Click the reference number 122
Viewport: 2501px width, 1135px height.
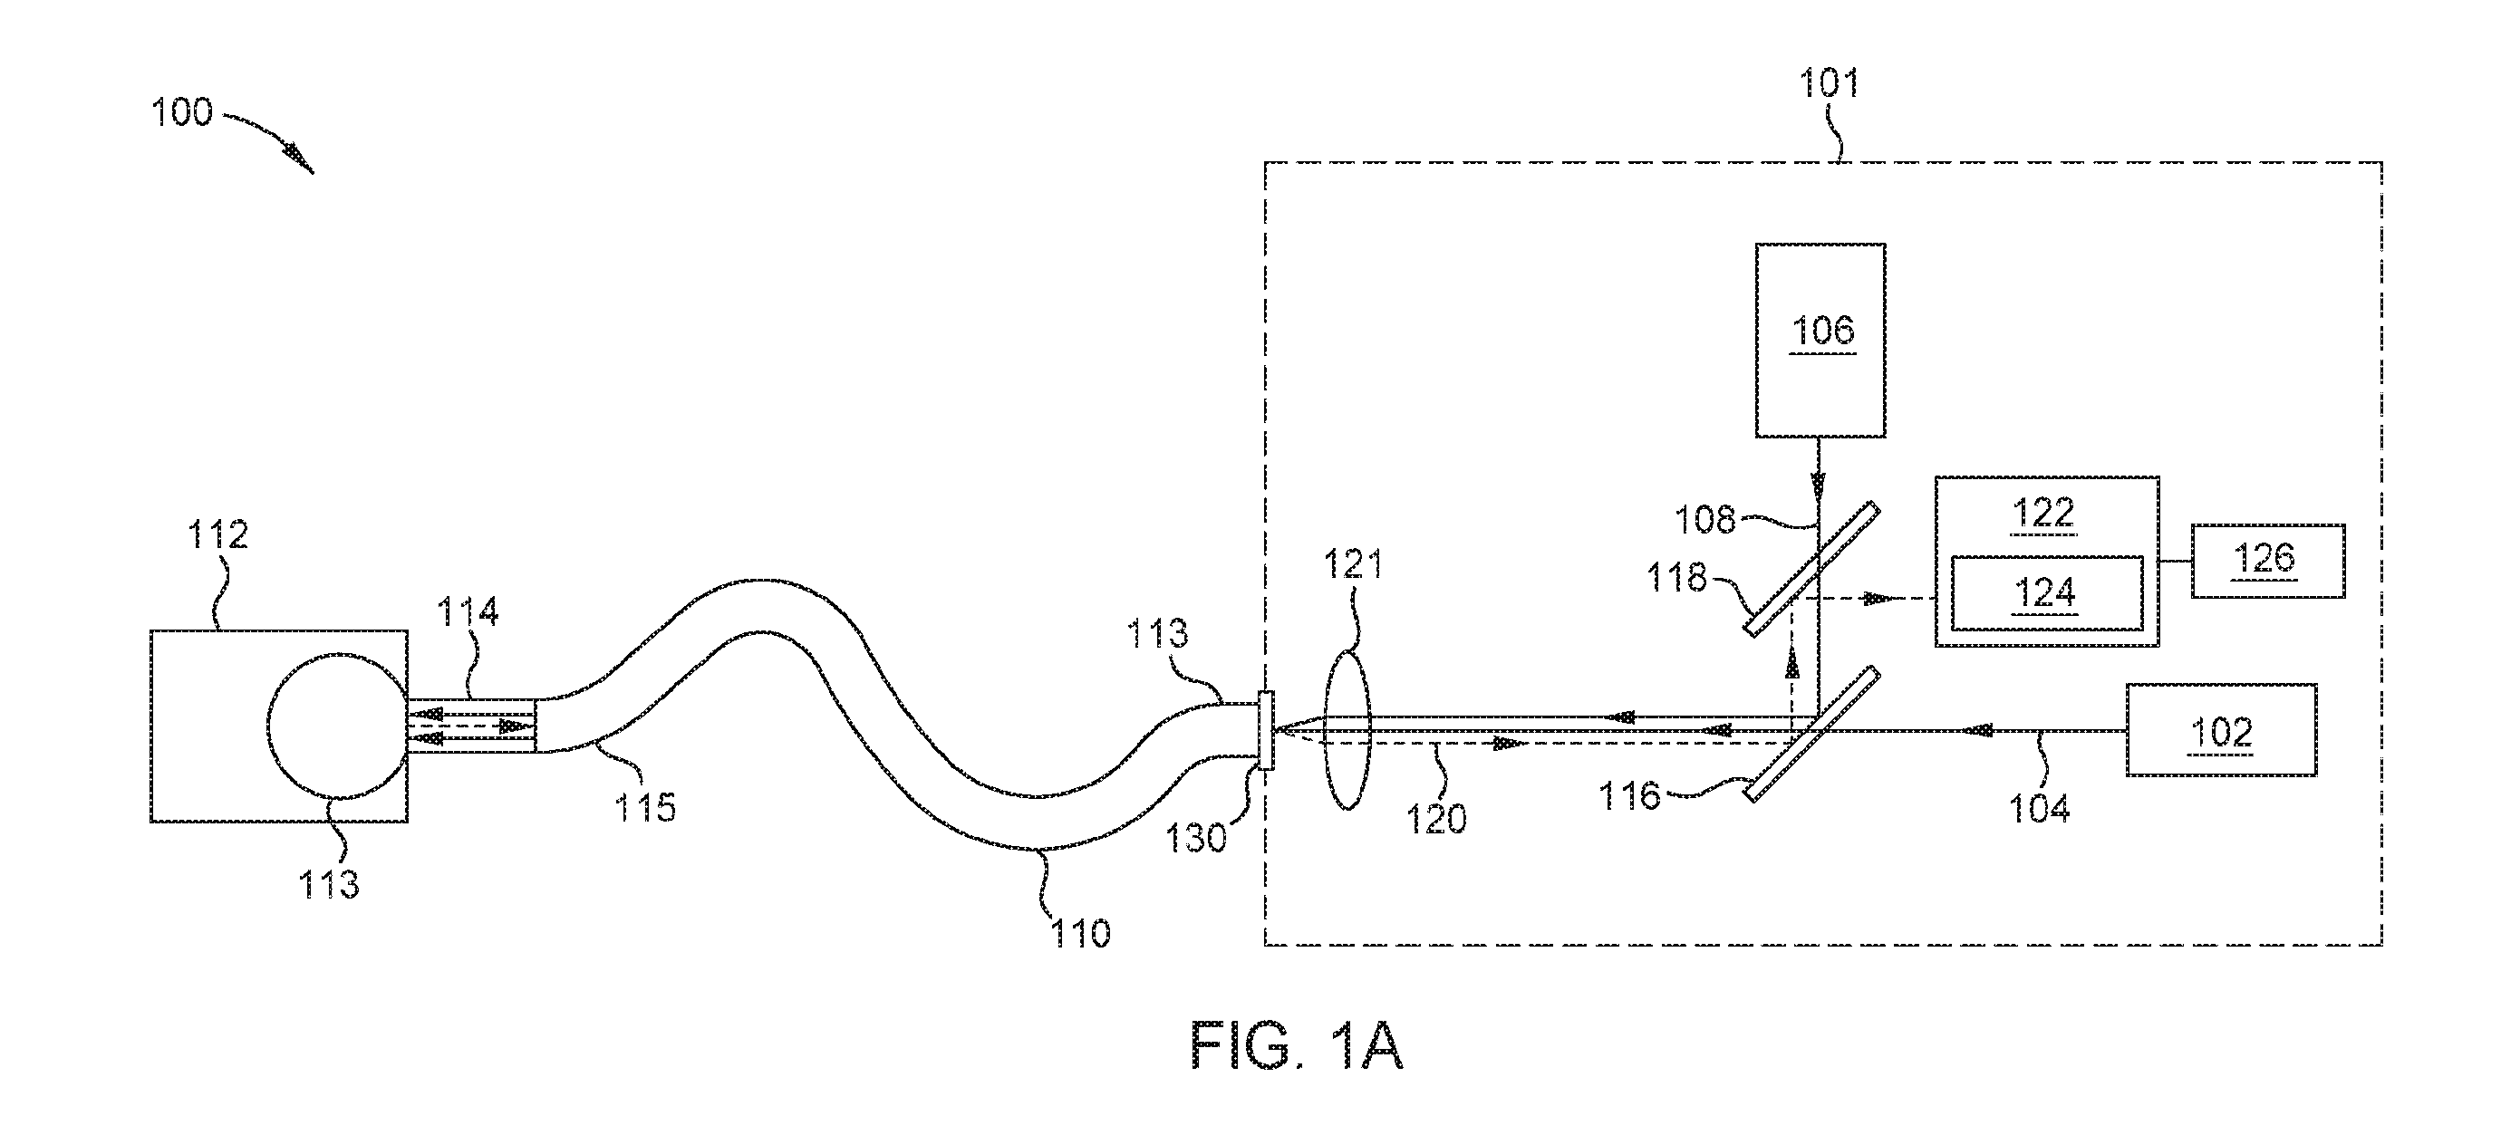pyautogui.click(x=2044, y=512)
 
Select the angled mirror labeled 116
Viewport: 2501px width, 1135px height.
pyautogui.click(x=1811, y=734)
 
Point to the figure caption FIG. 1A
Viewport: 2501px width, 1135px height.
pyautogui.click(x=1297, y=1046)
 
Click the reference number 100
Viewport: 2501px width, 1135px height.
pyautogui.click(x=181, y=112)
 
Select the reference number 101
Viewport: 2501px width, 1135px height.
pyautogui.click(x=1830, y=83)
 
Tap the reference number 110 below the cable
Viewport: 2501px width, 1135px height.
pyautogui.click(x=1079, y=933)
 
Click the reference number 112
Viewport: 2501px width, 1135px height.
pyautogui.click(x=217, y=534)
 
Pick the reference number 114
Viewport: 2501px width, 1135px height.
pyautogui.click(x=467, y=611)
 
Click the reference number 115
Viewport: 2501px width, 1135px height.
pyautogui.click(x=644, y=807)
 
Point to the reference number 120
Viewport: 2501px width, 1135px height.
pyautogui.click(x=1436, y=819)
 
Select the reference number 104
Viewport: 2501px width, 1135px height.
pyautogui.click(x=2039, y=809)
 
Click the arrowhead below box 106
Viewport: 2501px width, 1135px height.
pyautogui.click(x=1819, y=482)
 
